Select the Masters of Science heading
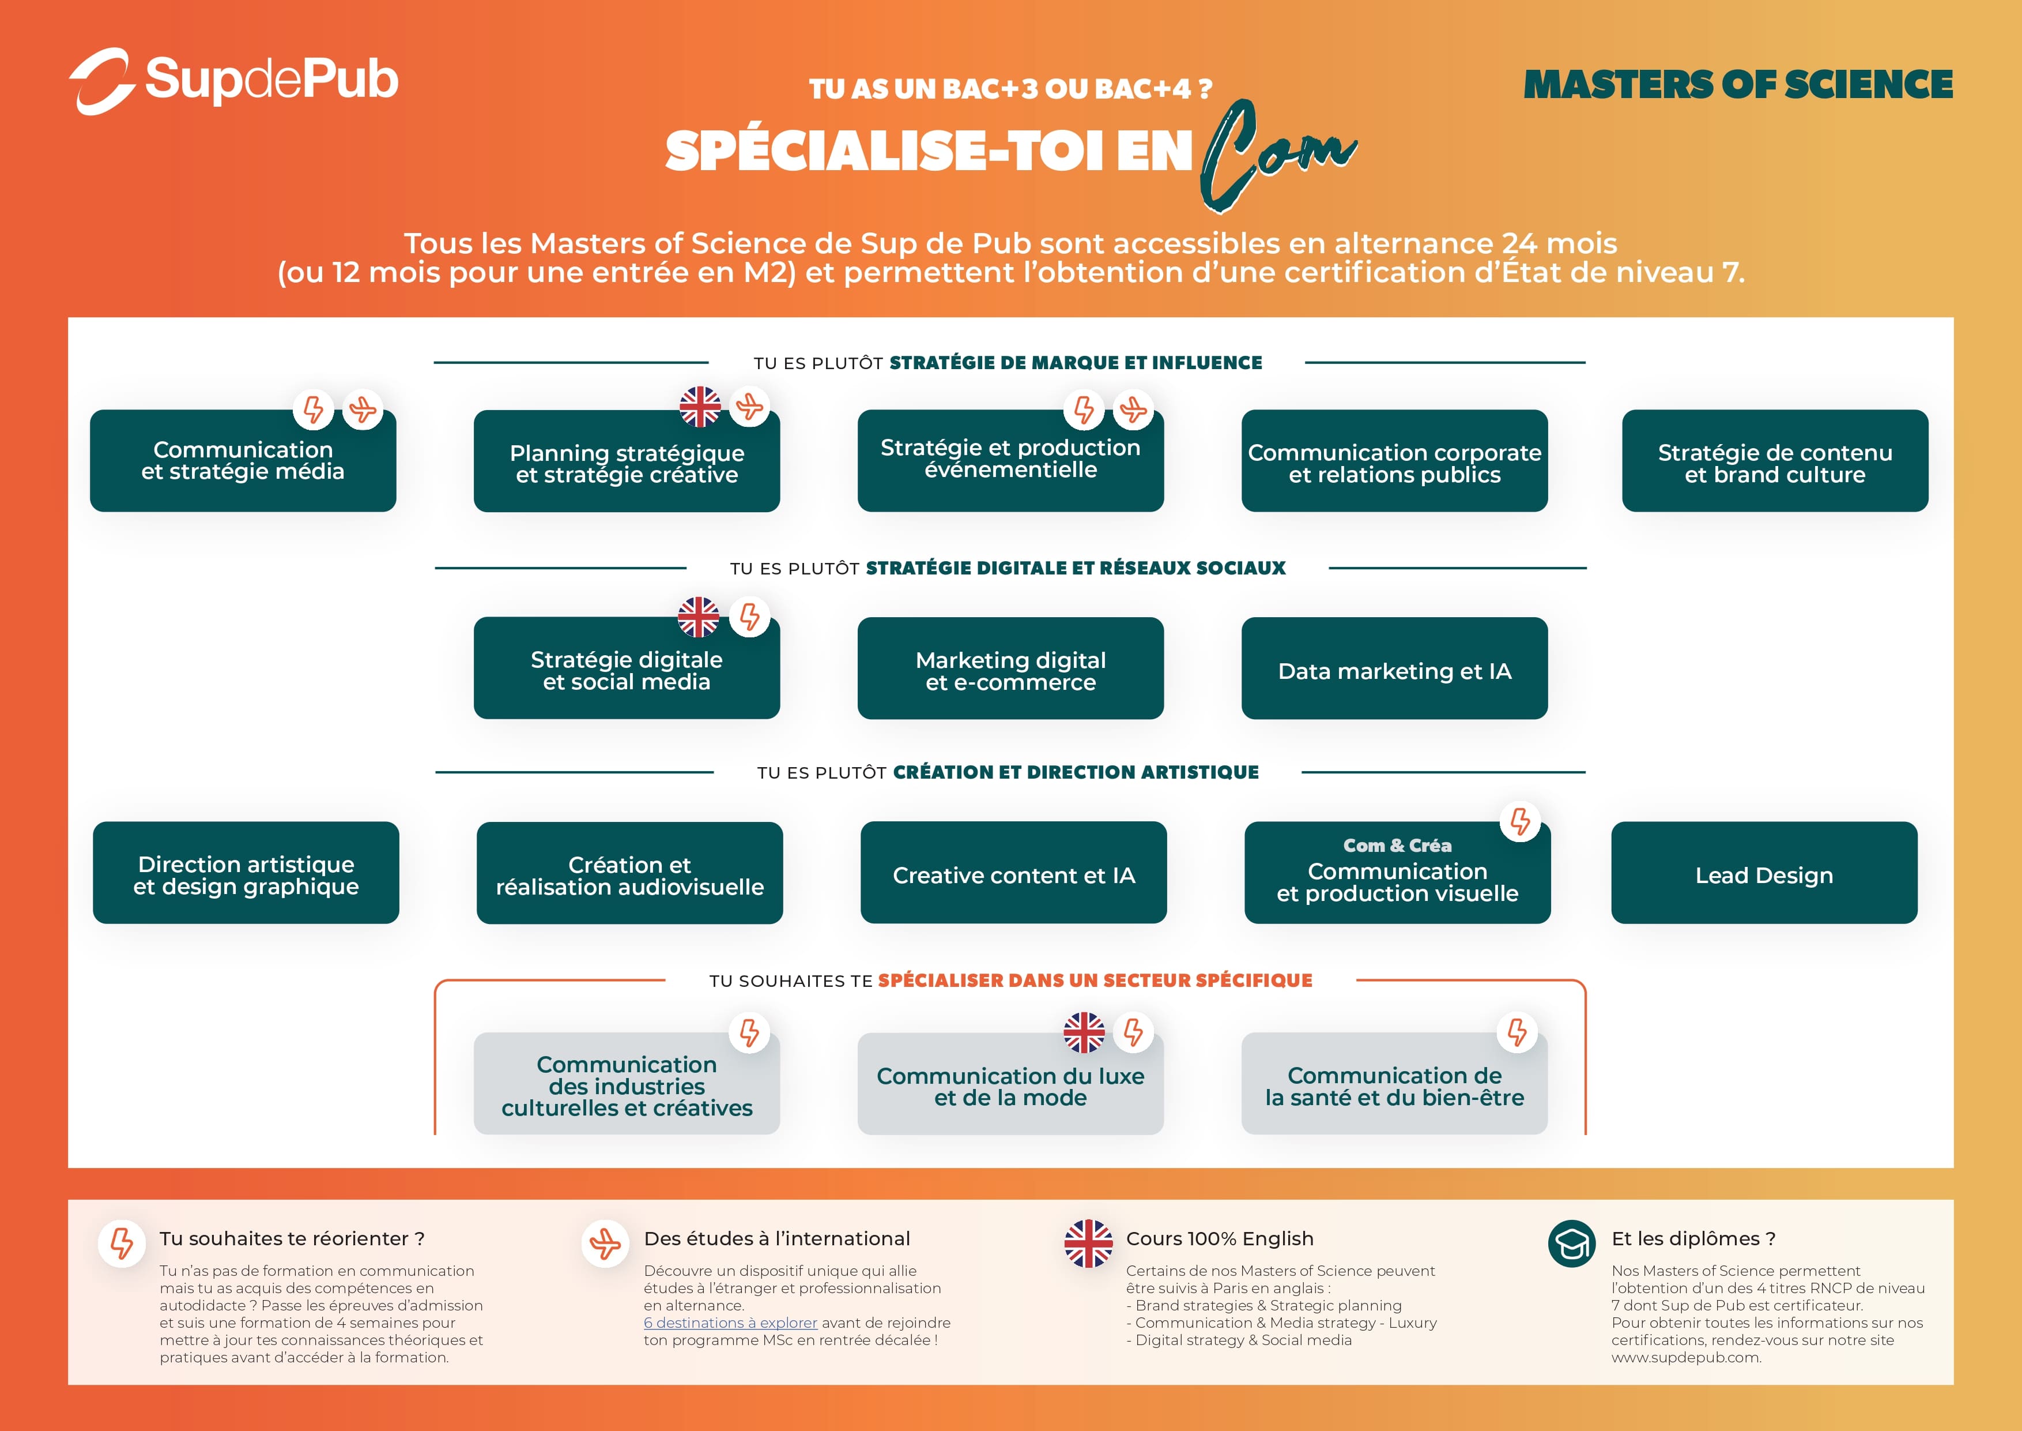pyautogui.click(x=1737, y=85)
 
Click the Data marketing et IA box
pyautogui.click(x=1394, y=668)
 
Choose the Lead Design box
pyautogui.click(x=1764, y=872)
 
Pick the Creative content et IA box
pyautogui.click(x=1014, y=872)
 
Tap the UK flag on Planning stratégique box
pyautogui.click(x=700, y=406)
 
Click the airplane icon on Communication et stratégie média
pyautogui.click(x=363, y=409)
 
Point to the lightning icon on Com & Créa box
pyautogui.click(x=1520, y=821)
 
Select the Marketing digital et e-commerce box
pyautogui.click(x=1010, y=668)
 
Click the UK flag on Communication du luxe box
pyautogui.click(x=1084, y=1032)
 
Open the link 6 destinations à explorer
pyautogui.click(x=730, y=1323)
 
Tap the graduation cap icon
pyautogui.click(x=1572, y=1244)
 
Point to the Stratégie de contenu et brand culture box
pyautogui.click(x=1775, y=460)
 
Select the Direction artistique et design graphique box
pyautogui.click(x=246, y=872)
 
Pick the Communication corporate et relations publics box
pyautogui.click(x=1394, y=460)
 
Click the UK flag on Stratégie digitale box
pyautogui.click(x=699, y=617)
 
